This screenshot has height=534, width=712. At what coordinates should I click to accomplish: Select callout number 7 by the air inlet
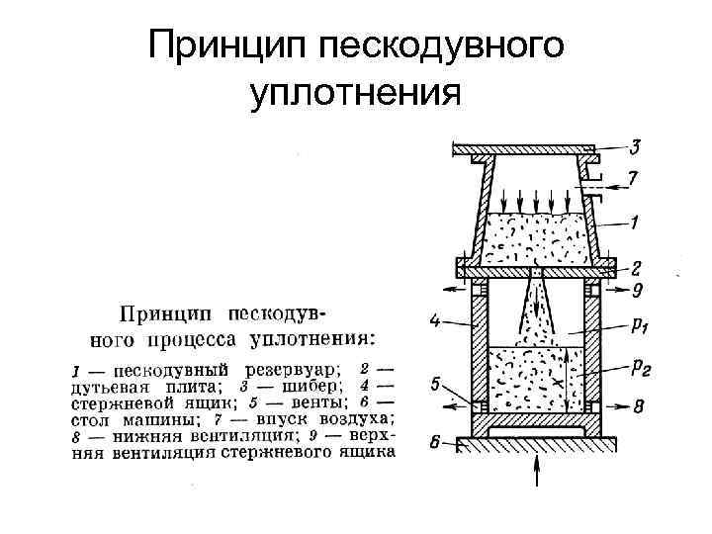(x=635, y=181)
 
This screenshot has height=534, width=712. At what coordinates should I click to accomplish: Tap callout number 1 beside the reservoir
(x=635, y=223)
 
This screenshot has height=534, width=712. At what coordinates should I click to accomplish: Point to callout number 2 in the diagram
(x=635, y=266)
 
